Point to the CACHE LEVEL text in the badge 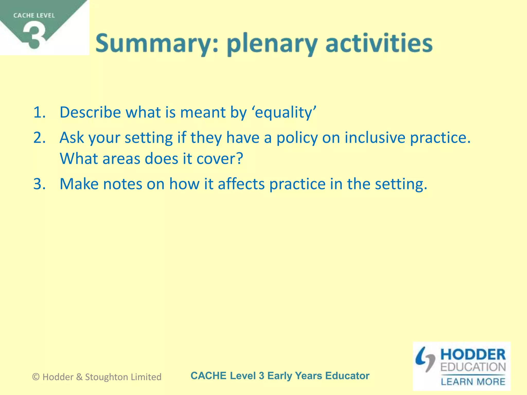point(34,15)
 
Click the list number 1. point(39,112)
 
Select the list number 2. point(39,138)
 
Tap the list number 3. point(39,184)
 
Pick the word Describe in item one point(90,112)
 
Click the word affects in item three point(241,184)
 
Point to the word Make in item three point(79,184)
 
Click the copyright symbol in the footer point(36,377)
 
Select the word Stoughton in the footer point(107,377)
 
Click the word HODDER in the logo point(473,355)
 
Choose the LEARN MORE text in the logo point(473,381)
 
